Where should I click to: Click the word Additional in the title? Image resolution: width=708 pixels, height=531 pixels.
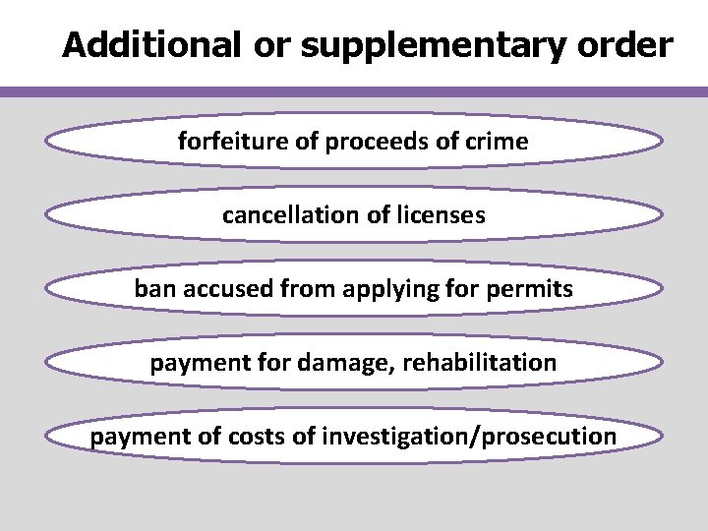[x=151, y=44]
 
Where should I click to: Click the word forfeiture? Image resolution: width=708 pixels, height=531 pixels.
[x=233, y=142]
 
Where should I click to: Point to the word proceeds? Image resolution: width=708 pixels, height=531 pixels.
[x=375, y=142]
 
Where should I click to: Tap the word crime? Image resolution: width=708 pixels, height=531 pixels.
[x=497, y=142]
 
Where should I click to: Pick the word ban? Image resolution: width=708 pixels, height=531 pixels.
[x=152, y=289]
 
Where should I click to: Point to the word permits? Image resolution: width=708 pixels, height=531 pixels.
[x=535, y=289]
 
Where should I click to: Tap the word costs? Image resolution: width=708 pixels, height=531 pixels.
[x=259, y=437]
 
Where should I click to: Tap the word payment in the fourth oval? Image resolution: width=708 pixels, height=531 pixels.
[x=190, y=363]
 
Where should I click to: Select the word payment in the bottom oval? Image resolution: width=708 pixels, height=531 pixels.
[x=131, y=437]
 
